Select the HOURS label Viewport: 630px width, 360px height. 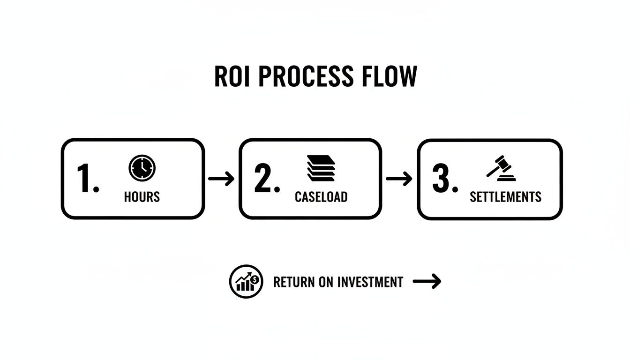point(142,197)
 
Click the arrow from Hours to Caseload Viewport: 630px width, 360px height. point(221,179)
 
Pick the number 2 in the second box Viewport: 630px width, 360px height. point(266,179)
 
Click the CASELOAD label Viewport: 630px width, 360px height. point(321,197)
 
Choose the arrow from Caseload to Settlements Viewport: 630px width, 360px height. point(399,179)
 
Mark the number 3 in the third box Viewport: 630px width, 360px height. point(444,179)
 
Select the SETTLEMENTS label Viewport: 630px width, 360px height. point(505,197)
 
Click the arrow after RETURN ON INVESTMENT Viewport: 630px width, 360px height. point(427,282)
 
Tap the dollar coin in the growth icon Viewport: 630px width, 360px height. point(255,279)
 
